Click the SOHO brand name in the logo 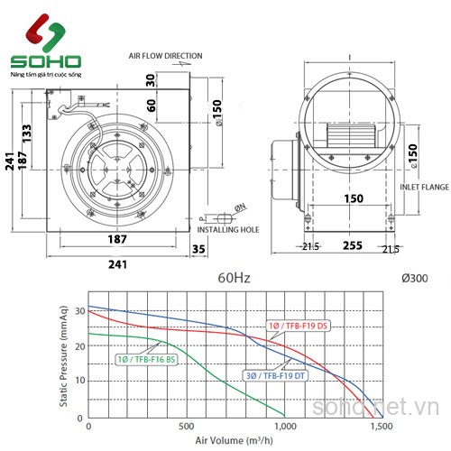pyautogui.click(x=44, y=62)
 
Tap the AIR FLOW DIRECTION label pyautogui.click(x=164, y=56)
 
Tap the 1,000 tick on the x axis pyautogui.click(x=284, y=426)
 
